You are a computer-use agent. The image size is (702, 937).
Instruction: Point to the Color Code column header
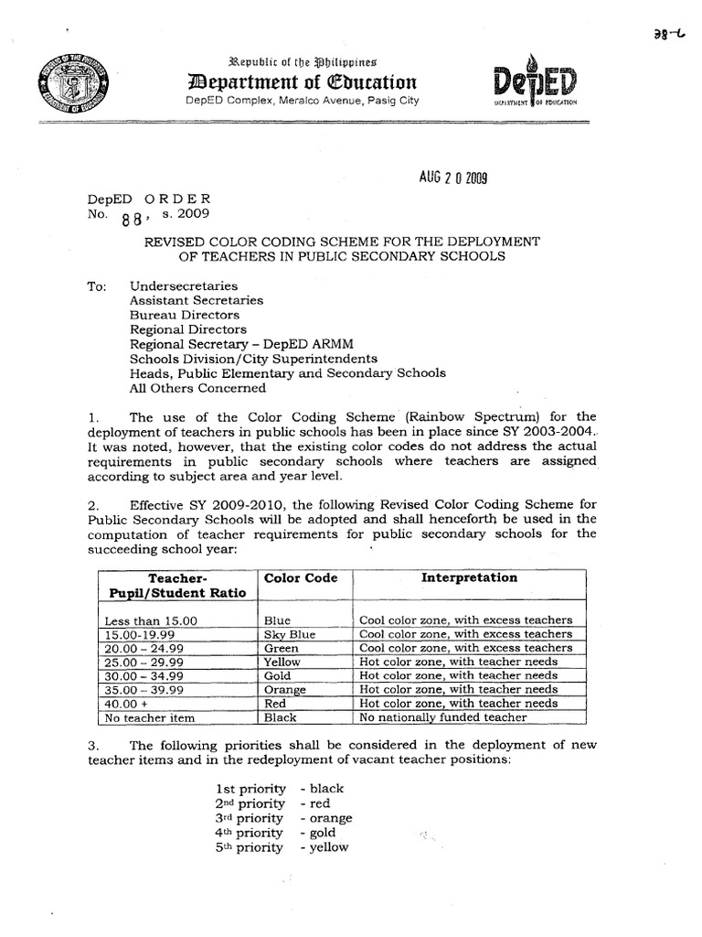pyautogui.click(x=301, y=578)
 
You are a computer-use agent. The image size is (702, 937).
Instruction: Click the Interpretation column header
pyautogui.click(x=469, y=578)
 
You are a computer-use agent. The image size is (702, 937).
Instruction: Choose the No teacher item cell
pyautogui.click(x=146, y=717)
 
